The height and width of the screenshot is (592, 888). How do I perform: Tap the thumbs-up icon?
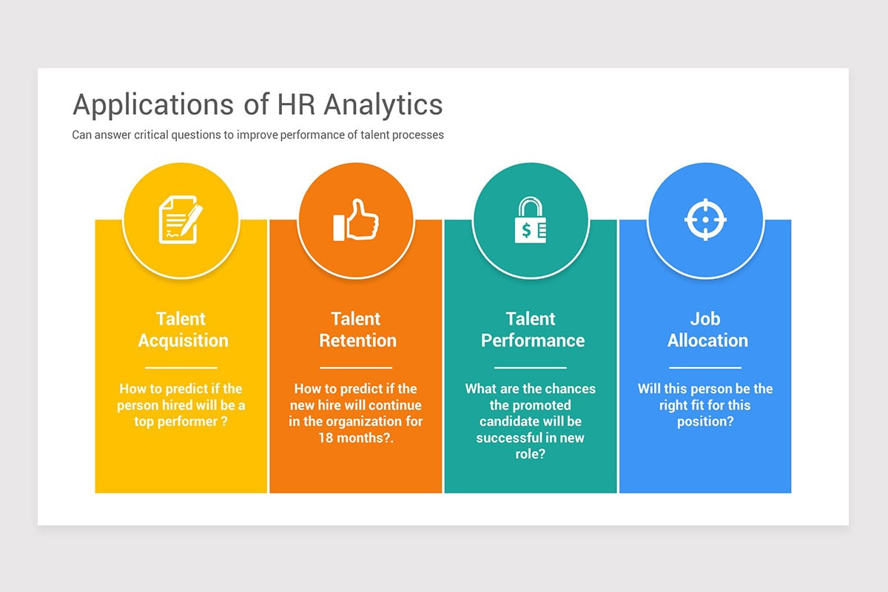click(x=355, y=220)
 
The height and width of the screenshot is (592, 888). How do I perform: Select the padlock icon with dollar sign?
click(x=530, y=220)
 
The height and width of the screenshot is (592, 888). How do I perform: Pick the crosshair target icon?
click(x=705, y=220)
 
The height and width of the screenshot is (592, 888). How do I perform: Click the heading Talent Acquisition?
click(x=182, y=330)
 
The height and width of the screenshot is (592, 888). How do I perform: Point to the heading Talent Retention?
click(x=357, y=330)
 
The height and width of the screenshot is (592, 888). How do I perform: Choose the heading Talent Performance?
click(x=532, y=330)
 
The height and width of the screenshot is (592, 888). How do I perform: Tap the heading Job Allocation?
click(x=707, y=330)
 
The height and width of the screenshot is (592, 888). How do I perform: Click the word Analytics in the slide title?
click(x=383, y=105)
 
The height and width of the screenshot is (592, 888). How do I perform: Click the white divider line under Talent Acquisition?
click(x=181, y=368)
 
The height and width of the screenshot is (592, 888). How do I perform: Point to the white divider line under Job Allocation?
click(x=705, y=368)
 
